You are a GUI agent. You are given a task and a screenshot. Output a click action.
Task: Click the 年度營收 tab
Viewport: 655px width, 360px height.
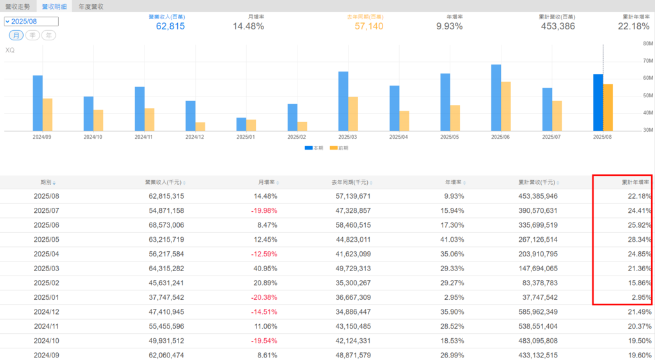pos(91,6)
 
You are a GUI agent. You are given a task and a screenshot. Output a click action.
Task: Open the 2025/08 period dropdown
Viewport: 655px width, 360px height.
pos(31,22)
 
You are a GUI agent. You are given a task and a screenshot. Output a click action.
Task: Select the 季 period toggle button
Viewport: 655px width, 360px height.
pos(32,35)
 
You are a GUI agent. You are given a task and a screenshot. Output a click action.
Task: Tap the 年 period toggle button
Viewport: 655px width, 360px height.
pos(49,35)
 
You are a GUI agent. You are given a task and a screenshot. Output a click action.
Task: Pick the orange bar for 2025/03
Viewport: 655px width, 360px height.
pos(353,114)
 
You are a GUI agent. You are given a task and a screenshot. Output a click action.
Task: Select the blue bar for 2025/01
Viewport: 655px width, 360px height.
pos(241,124)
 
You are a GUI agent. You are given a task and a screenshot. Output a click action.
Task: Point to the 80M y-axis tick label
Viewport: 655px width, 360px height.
pos(647,43)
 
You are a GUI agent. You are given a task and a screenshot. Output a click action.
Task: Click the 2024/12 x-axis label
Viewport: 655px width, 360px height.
pos(195,137)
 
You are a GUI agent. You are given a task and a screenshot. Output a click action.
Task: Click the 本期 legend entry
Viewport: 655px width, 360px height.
pos(313,148)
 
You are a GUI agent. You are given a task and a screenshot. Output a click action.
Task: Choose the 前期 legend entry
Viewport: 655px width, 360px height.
pos(339,148)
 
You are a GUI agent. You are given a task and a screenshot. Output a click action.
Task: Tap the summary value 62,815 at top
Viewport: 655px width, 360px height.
pos(170,26)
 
